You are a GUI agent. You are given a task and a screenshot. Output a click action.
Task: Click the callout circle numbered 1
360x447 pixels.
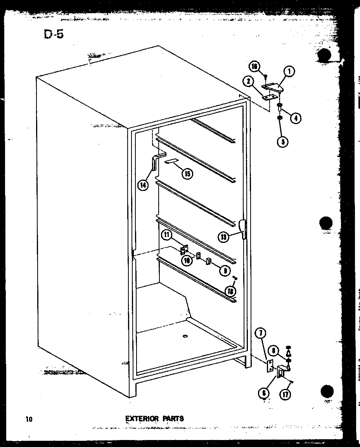(289, 71)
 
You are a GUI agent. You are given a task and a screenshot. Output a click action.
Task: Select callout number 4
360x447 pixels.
(296, 118)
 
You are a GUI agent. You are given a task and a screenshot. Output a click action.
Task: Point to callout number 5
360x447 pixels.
(282, 142)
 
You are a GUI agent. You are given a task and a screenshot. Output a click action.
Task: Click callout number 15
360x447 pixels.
(187, 173)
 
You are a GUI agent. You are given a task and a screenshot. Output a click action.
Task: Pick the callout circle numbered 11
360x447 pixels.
(166, 235)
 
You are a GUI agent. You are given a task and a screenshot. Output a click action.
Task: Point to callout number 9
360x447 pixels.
(223, 270)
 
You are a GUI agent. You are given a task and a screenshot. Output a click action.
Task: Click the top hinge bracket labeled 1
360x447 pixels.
(273, 88)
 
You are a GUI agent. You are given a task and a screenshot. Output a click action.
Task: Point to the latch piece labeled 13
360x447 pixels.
(242, 229)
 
